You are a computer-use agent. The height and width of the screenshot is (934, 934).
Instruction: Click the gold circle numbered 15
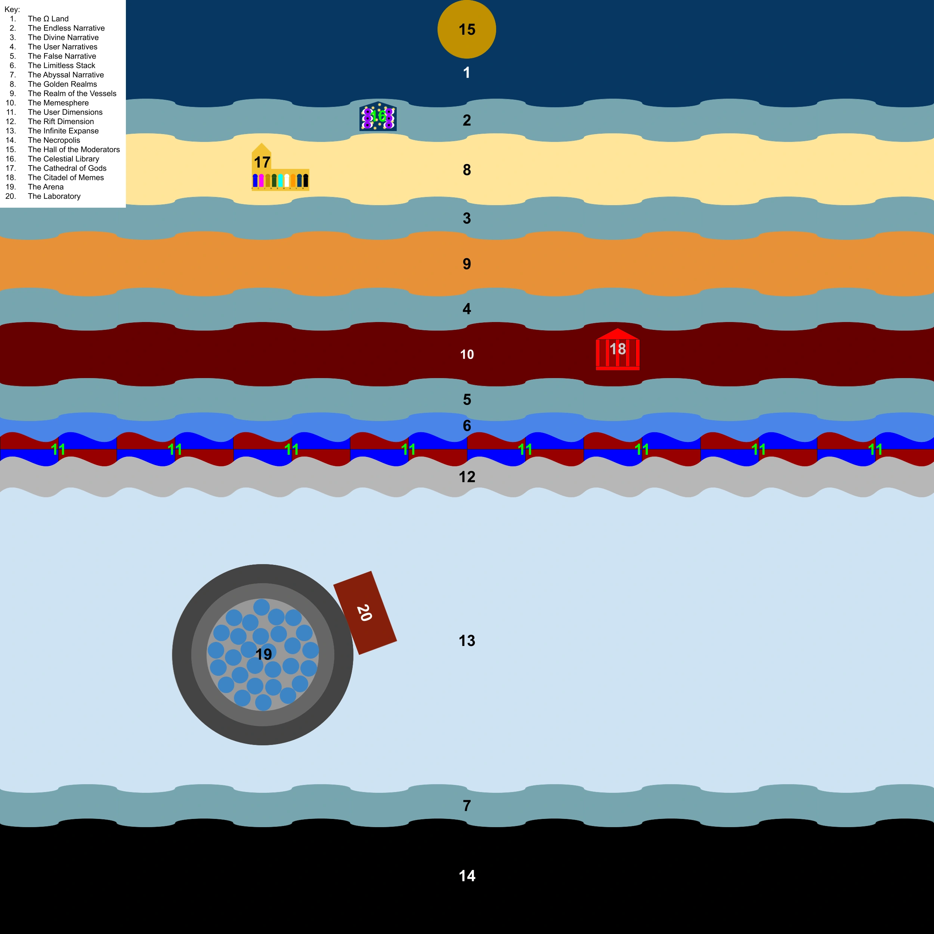467,29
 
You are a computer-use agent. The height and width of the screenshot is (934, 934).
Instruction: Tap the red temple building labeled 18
617,350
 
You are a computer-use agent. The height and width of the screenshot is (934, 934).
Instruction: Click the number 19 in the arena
263,654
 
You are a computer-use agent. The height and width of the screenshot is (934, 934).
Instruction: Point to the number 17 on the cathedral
262,162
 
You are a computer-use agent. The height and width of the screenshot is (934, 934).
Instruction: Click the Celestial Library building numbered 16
378,117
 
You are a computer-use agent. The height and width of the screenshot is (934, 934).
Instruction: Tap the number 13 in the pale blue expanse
467,641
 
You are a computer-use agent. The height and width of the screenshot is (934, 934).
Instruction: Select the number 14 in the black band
467,875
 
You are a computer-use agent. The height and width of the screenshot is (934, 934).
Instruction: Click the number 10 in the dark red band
467,354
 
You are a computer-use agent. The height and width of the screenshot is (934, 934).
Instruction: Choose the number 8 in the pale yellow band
467,170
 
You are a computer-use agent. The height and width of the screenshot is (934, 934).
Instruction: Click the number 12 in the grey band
467,477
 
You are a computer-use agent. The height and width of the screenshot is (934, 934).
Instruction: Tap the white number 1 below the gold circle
467,72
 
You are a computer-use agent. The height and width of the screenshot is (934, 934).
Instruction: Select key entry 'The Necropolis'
54,140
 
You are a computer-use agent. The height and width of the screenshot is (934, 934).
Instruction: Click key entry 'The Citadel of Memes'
66,177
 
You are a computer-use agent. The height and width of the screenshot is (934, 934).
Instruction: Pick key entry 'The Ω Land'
48,19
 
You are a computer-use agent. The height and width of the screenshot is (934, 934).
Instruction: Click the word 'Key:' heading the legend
12,9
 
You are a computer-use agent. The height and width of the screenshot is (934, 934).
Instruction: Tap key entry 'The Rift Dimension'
61,121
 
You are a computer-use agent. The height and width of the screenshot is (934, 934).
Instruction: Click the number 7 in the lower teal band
467,805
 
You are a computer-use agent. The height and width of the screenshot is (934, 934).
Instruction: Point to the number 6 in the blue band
467,426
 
